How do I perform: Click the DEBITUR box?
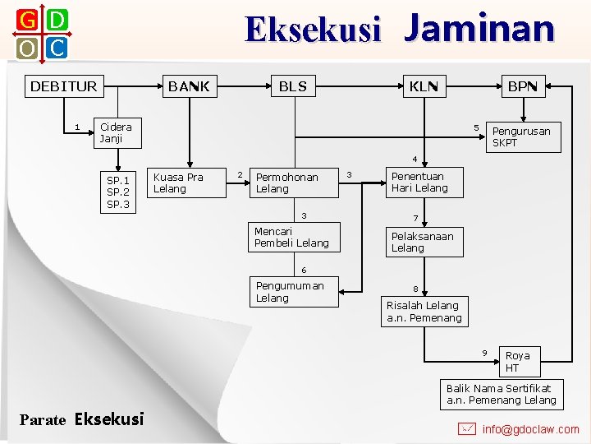click(x=63, y=86)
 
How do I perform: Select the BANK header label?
click(x=189, y=86)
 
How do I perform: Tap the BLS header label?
click(x=292, y=86)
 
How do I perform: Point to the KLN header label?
click(x=424, y=86)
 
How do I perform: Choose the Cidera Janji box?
click(x=116, y=133)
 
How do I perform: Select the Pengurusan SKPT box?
click(x=521, y=136)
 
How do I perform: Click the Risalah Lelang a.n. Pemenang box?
click(x=424, y=312)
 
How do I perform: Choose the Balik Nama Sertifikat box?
click(x=502, y=395)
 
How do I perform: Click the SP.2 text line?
click(x=118, y=192)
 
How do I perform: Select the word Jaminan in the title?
click(x=479, y=28)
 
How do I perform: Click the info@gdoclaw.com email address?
click(x=530, y=429)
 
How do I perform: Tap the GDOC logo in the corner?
click(x=41, y=35)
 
